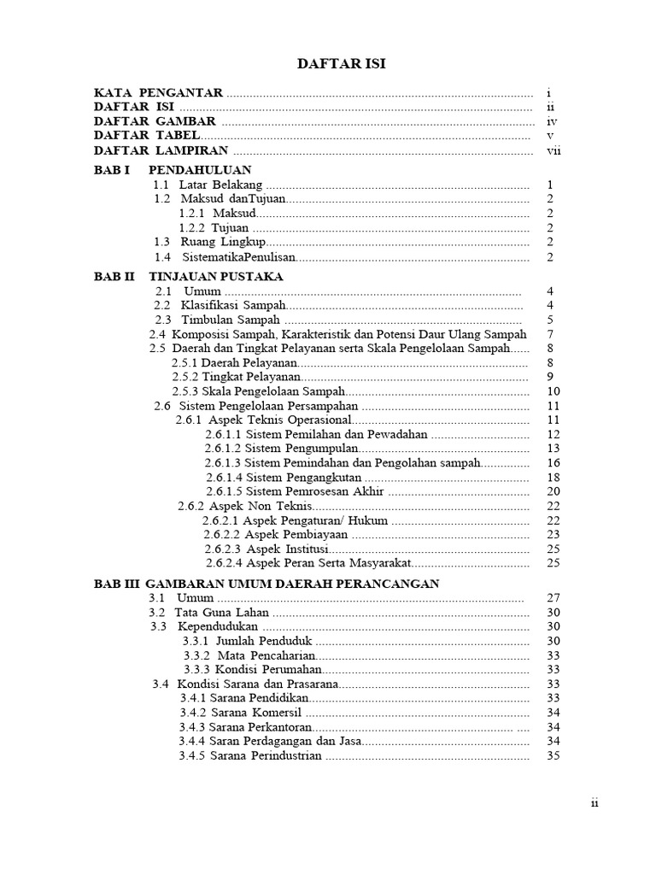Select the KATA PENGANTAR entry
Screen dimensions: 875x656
(159, 92)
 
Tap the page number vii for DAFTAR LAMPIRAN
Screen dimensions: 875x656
(553, 150)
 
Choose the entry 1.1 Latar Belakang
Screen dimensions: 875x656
(208, 185)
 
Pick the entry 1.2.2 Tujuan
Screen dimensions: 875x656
(214, 227)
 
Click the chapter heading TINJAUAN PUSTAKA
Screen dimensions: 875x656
(215, 277)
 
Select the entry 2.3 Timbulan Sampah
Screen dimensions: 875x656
(217, 320)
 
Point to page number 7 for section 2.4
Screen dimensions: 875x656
(551, 334)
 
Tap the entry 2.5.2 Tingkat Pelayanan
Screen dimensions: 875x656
(236, 377)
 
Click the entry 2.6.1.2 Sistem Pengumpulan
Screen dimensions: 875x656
(280, 448)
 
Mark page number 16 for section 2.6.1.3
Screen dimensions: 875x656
(553, 462)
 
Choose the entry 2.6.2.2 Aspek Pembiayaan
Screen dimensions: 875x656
(277, 534)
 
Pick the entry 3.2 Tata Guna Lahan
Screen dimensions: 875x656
(210, 613)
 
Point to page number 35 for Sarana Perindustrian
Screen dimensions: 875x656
(553, 755)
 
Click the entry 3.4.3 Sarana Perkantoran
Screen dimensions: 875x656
(237, 726)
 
